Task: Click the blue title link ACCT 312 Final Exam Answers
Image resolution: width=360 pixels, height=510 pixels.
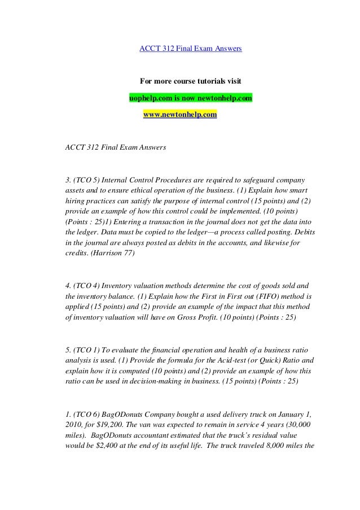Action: tap(191, 49)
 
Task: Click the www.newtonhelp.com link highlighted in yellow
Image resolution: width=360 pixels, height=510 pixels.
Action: tap(180, 114)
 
